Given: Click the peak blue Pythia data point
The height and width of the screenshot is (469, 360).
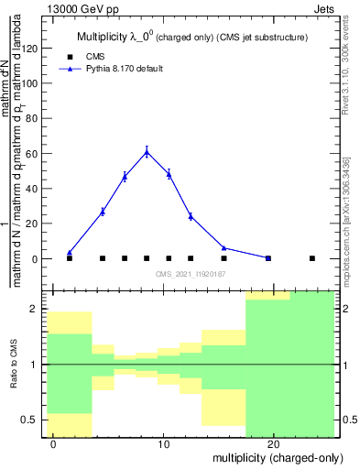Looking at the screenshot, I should pos(147,152).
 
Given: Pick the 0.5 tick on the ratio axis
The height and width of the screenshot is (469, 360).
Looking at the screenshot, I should pos(34,420).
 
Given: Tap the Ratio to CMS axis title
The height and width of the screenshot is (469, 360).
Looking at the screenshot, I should pos(15,364).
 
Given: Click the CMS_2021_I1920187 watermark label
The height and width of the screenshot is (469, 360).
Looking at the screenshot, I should pos(191,274).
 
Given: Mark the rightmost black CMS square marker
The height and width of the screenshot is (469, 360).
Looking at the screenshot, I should pos(312,258).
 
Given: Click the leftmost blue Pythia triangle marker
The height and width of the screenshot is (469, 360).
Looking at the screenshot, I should pos(69,253).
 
